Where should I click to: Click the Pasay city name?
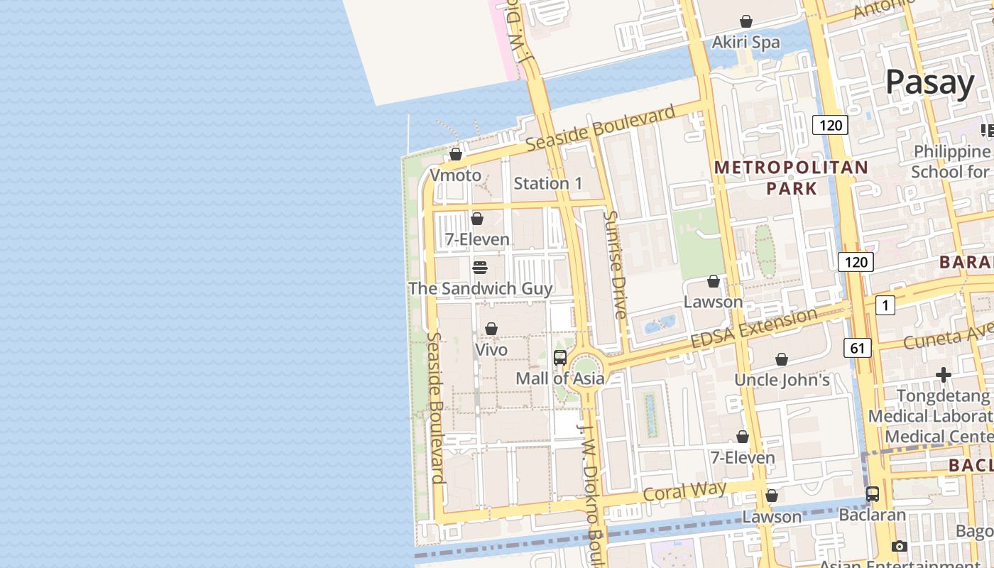(929, 82)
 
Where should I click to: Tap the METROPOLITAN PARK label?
(791, 177)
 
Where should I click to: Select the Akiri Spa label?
(745, 43)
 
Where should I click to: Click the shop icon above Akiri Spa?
(746, 21)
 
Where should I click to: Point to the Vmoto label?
(455, 175)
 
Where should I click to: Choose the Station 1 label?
(547, 183)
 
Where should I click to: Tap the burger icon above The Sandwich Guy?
(479, 268)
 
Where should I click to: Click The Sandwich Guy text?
(480, 288)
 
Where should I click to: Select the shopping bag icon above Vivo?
(491, 329)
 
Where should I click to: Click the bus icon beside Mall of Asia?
(559, 358)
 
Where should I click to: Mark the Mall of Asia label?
(559, 378)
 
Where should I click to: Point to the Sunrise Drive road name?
(614, 264)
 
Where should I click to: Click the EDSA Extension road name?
(754, 329)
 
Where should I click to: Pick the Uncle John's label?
(782, 380)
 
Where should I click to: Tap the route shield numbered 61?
(858, 348)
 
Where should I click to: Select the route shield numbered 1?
(885, 305)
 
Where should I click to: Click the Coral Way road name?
(684, 491)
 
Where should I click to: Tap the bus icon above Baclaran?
(872, 493)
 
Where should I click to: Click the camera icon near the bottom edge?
(899, 546)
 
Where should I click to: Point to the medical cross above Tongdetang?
(943, 374)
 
